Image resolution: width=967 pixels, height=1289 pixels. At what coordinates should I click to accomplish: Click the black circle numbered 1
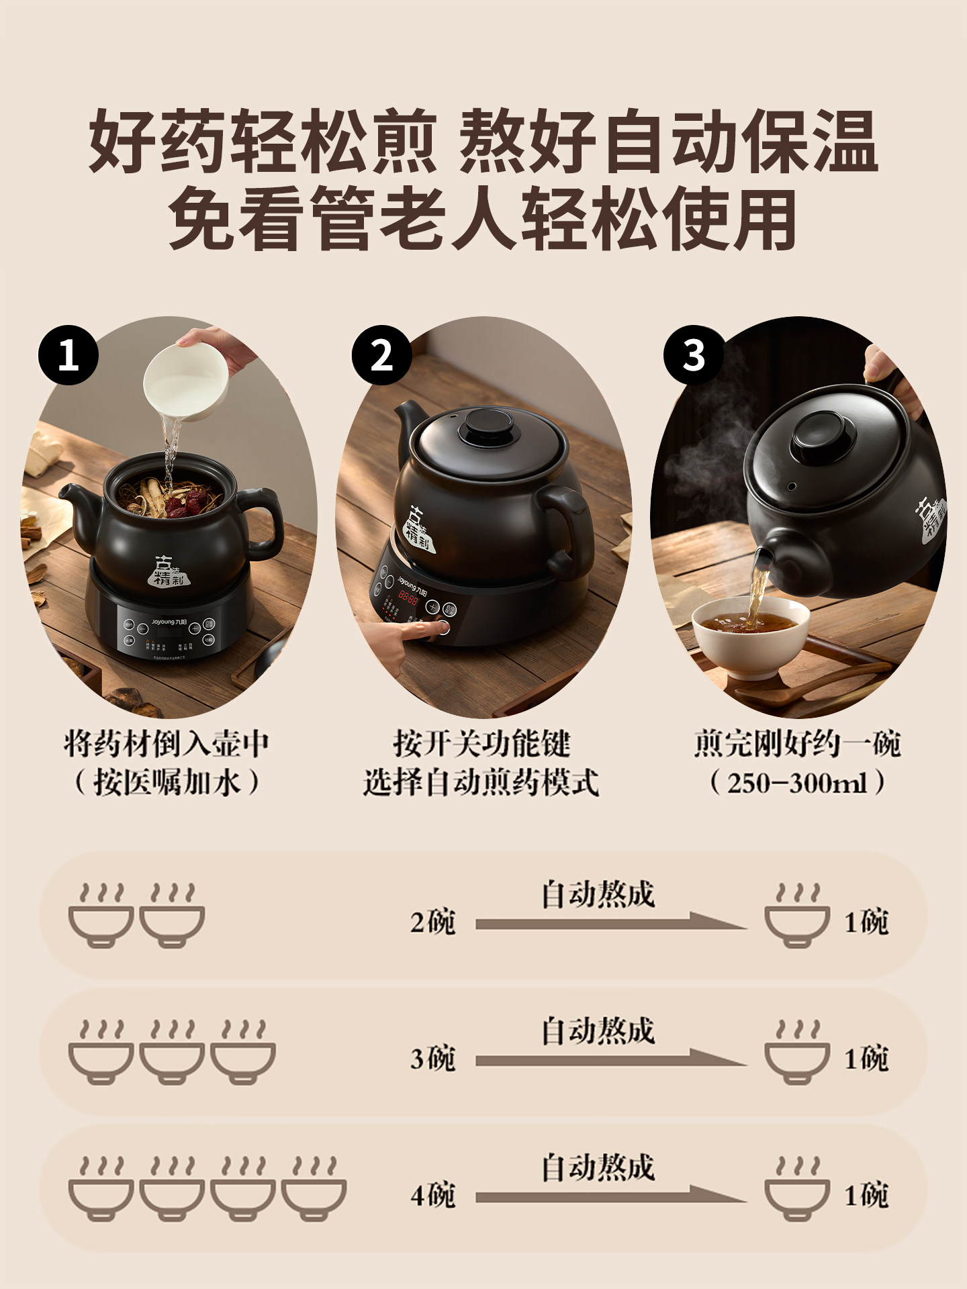pos(68,354)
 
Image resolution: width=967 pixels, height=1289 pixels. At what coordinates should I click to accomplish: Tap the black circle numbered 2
pos(381,354)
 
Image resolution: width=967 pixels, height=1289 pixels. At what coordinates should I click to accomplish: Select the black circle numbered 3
pos(694,354)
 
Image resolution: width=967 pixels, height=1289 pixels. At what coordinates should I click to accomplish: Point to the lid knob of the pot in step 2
pos(490,427)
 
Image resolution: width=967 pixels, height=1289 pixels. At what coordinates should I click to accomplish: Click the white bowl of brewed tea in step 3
pos(751,634)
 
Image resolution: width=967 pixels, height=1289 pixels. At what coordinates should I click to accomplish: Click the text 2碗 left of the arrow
pos(433,922)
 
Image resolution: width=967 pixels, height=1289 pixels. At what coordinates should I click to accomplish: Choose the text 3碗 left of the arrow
pos(433,1059)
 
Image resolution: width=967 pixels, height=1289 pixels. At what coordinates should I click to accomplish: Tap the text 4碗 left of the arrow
pos(433,1195)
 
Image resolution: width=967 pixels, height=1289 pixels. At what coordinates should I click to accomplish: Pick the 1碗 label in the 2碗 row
pos(866,922)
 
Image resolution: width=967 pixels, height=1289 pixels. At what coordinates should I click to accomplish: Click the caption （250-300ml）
pos(797,783)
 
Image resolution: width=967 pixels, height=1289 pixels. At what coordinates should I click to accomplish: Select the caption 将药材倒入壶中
pos(167,744)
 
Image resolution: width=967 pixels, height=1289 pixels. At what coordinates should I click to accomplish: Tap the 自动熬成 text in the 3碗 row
pos(598,1031)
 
